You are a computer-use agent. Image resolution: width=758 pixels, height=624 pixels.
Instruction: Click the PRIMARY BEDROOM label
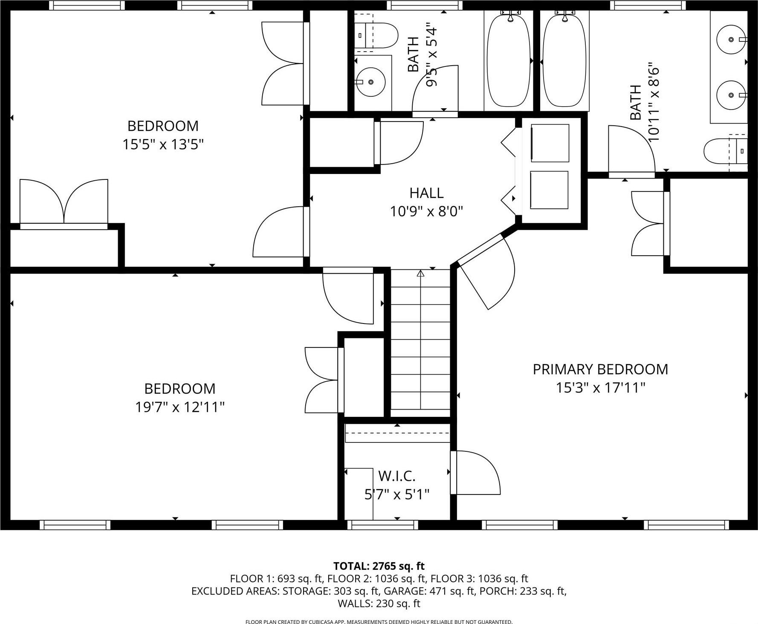pos(600,369)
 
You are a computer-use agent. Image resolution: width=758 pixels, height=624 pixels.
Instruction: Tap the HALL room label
pos(426,193)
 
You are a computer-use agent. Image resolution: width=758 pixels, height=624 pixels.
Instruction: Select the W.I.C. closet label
pos(396,476)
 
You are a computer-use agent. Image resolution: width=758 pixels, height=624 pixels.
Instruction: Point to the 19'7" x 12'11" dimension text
pos(179,407)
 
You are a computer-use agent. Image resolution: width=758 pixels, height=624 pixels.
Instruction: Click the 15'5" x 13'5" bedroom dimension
pos(163,144)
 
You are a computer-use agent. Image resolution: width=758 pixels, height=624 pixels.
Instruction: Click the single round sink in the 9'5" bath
pos(370,81)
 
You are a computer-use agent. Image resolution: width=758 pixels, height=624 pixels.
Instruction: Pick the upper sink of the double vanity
pos(731,39)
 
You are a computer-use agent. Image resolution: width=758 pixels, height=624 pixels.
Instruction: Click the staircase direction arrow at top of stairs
pos(421,274)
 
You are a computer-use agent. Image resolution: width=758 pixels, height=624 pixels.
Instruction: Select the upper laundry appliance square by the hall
pos(550,143)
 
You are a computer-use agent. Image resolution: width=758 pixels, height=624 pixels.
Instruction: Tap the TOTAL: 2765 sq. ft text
pos(379,566)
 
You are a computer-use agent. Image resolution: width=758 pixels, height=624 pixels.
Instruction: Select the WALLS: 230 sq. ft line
pos(379,604)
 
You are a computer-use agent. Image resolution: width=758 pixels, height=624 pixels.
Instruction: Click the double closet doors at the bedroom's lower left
pos(64,202)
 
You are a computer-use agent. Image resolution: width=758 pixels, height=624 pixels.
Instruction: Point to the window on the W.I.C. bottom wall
pos(382,525)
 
